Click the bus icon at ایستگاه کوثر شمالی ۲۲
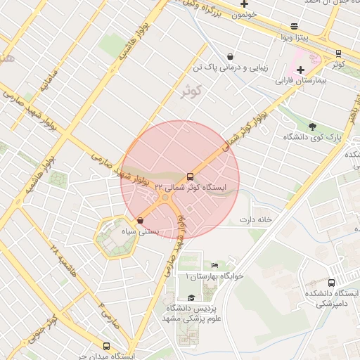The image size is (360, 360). point(191,176)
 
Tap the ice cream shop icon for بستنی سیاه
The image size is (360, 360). point(141,220)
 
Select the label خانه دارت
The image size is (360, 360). point(255,219)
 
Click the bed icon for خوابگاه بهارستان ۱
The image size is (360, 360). point(214,265)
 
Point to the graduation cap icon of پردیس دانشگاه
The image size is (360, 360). point(191,297)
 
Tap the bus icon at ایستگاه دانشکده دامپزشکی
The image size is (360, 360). point(331,282)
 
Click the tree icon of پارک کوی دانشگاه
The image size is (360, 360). point(311,126)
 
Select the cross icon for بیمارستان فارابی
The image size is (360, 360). point(301,70)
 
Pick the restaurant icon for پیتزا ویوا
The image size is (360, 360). point(294,26)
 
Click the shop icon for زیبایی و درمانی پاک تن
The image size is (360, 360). point(230,56)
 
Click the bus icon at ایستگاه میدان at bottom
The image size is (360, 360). point(106,346)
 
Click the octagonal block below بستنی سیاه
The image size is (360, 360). point(116,238)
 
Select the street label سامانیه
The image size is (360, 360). point(41,82)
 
